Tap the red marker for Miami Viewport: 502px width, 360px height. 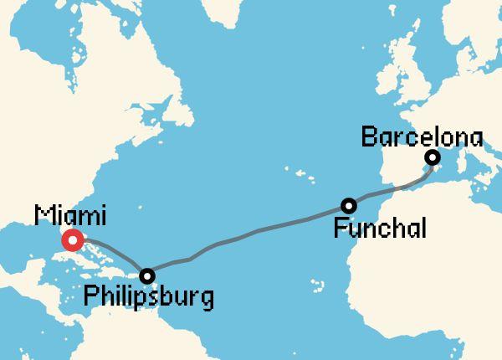72,242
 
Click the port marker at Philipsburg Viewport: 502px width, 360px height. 147,275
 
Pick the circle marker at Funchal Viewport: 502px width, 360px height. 349,205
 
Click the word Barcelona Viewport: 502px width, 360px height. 423,136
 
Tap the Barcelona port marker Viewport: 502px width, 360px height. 433,157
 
